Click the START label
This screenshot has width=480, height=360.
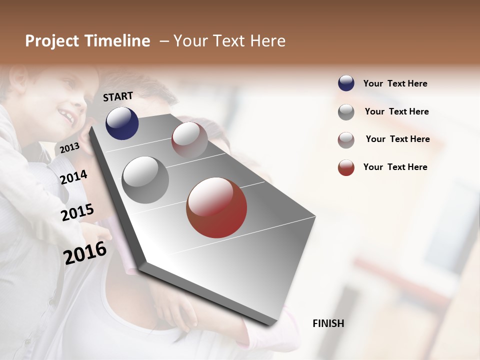click(118, 96)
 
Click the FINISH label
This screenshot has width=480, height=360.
click(328, 323)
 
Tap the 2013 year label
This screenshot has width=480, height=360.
click(69, 147)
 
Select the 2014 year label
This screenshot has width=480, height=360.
click(74, 177)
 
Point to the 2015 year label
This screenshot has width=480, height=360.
click(77, 212)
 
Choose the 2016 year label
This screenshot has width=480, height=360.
click(85, 253)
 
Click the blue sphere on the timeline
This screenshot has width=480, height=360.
click(122, 123)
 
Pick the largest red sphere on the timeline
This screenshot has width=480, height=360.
click(216, 207)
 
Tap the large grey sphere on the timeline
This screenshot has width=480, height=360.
click(145, 180)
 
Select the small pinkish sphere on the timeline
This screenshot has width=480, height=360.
click(189, 140)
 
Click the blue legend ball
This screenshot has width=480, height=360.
click(346, 83)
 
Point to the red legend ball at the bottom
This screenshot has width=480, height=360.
click(346, 167)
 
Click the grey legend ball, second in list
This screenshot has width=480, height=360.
click(346, 112)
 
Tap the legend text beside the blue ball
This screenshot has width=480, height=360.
click(395, 83)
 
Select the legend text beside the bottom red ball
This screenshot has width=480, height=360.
click(395, 167)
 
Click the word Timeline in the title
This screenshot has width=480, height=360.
click(117, 41)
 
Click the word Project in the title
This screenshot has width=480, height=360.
click(52, 41)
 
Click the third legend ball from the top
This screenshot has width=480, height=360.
click(346, 140)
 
